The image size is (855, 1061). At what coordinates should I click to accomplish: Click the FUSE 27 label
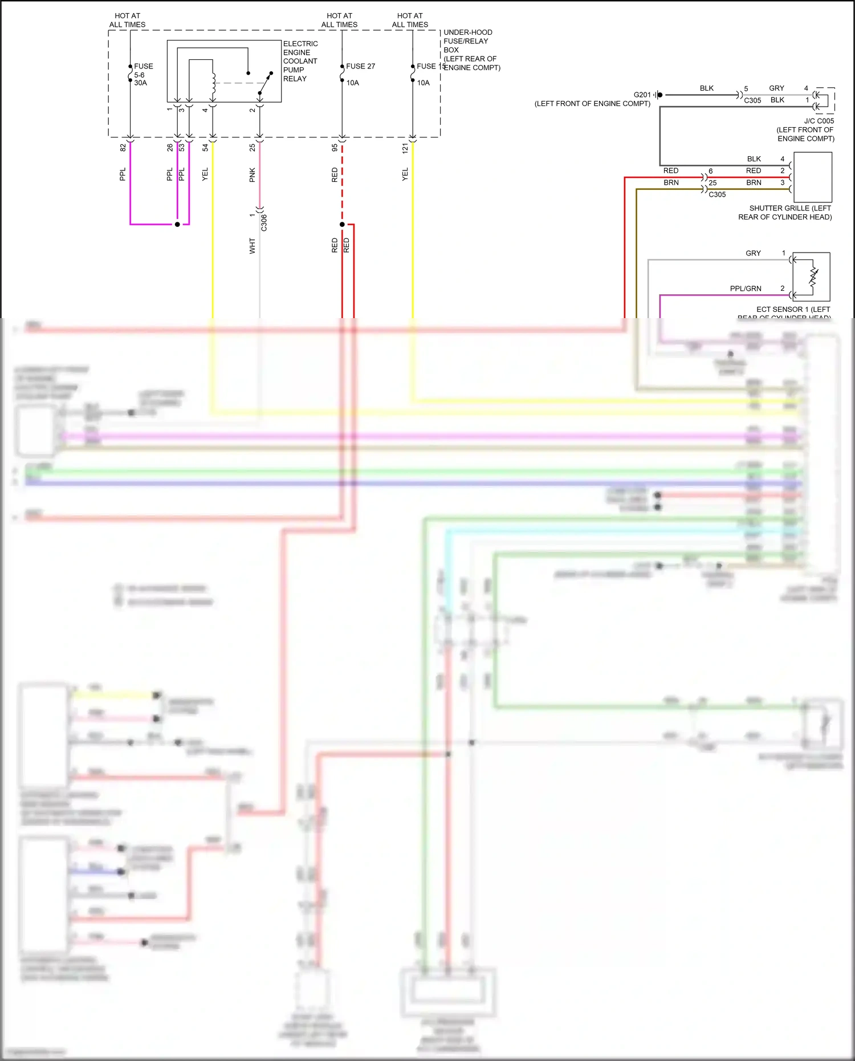coord(360,66)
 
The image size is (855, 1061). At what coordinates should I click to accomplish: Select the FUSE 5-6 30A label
coord(142,75)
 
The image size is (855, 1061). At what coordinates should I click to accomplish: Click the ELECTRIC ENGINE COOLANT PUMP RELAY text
coord(300,61)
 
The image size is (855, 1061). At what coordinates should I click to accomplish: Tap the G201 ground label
coord(642,95)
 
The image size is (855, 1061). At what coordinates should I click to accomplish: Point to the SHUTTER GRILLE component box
coord(812,177)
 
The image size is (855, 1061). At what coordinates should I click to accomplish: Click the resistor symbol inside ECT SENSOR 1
coord(813,277)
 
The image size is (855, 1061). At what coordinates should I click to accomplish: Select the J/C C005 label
coord(819,121)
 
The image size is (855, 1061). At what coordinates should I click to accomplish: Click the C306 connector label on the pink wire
coord(264,222)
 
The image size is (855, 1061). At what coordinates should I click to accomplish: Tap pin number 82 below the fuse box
coord(123,148)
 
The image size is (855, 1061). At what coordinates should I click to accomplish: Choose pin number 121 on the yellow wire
coord(405,148)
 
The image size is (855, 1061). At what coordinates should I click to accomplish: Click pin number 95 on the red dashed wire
coord(335,148)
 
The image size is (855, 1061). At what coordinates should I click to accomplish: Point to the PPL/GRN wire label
coord(745,288)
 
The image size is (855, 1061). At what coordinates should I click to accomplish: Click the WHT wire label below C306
coord(252,246)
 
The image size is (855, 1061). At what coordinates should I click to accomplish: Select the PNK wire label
coord(252,175)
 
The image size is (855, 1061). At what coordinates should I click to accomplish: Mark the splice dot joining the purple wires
coord(177,224)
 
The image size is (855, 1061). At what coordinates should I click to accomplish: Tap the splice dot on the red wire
coord(342,224)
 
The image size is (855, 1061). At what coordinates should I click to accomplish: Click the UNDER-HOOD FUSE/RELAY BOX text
coord(471,50)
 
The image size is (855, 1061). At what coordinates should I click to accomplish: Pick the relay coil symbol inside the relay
coord(214,84)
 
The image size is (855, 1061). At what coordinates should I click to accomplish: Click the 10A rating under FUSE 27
coord(353,83)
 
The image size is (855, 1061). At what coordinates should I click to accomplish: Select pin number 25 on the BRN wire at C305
coord(712,183)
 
